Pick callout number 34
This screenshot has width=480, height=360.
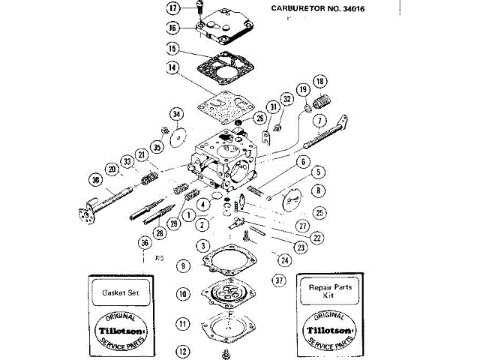pos(176,114)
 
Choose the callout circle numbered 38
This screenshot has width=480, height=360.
pos(94,180)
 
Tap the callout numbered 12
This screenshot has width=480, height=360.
pos(183,350)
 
